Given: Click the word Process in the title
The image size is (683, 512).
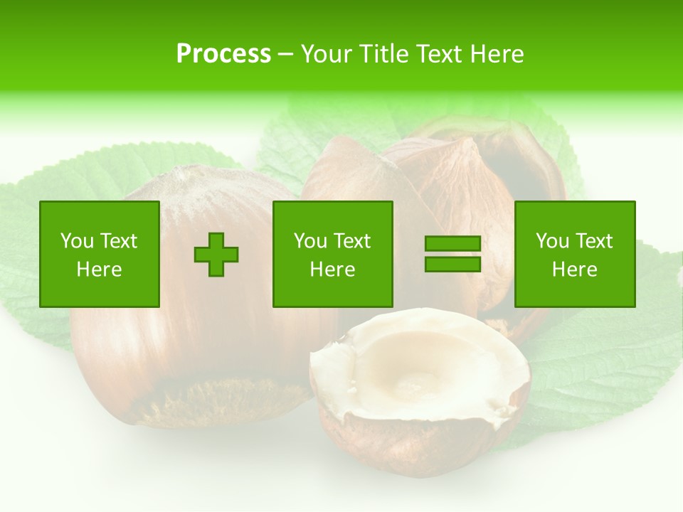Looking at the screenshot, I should click(223, 54).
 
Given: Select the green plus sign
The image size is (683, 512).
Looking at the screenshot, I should click(216, 255).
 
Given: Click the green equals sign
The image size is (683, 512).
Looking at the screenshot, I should click(452, 254).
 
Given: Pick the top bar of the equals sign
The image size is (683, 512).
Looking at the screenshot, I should click(452, 244).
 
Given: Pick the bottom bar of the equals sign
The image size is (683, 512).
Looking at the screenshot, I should click(452, 264).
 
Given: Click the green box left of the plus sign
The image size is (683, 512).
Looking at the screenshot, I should click(100, 254).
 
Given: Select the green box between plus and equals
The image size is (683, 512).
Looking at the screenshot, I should click(333, 254).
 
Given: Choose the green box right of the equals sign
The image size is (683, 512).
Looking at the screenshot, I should click(575, 254).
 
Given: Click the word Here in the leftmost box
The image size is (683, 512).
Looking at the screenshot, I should click(100, 270).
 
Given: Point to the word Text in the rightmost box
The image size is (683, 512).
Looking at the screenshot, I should click(595, 241).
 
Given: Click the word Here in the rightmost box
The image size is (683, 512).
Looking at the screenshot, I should click(575, 270).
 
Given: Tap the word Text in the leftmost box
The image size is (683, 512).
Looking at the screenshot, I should click(120, 241).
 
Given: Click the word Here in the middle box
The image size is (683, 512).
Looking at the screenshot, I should click(333, 270).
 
